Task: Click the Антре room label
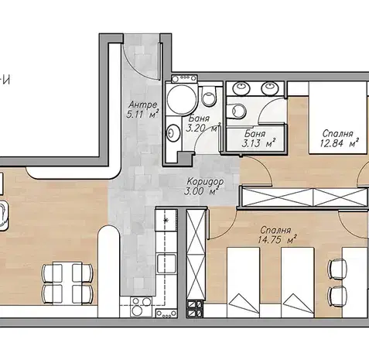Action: tap(142, 105)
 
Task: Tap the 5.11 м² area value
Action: tap(142, 114)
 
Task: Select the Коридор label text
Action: tap(205, 181)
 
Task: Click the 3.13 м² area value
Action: tap(258, 143)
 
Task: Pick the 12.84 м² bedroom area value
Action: tap(340, 142)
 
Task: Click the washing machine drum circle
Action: tap(182, 99)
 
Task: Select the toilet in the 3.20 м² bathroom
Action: tap(209, 96)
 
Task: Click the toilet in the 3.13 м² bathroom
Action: tap(237, 111)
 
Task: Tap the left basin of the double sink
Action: tap(241, 88)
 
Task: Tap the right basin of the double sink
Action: tap(270, 88)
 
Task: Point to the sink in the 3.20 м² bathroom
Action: tap(173, 133)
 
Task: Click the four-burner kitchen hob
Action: tap(141, 307)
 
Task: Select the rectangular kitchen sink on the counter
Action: tap(167, 263)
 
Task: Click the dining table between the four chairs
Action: tap(67, 283)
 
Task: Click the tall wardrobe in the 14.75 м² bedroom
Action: tap(196, 255)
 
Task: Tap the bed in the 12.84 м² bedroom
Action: tap(338, 118)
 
